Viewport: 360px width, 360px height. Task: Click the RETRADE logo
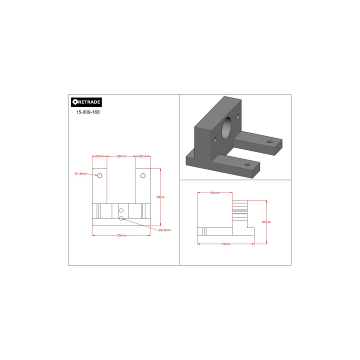coord(86,102)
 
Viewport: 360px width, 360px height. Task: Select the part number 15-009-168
coord(88,112)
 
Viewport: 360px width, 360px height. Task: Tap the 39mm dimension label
coord(121,156)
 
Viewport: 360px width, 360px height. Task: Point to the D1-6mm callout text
coord(81,174)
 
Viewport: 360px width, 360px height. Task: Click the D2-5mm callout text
coord(164,230)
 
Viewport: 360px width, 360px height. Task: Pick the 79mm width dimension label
coord(121,235)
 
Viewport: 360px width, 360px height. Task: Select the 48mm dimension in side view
coord(215,192)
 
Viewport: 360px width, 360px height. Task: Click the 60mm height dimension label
coord(266,222)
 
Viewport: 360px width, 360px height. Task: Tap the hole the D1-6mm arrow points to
coord(99,175)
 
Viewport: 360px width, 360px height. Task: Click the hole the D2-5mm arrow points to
coord(121,218)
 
